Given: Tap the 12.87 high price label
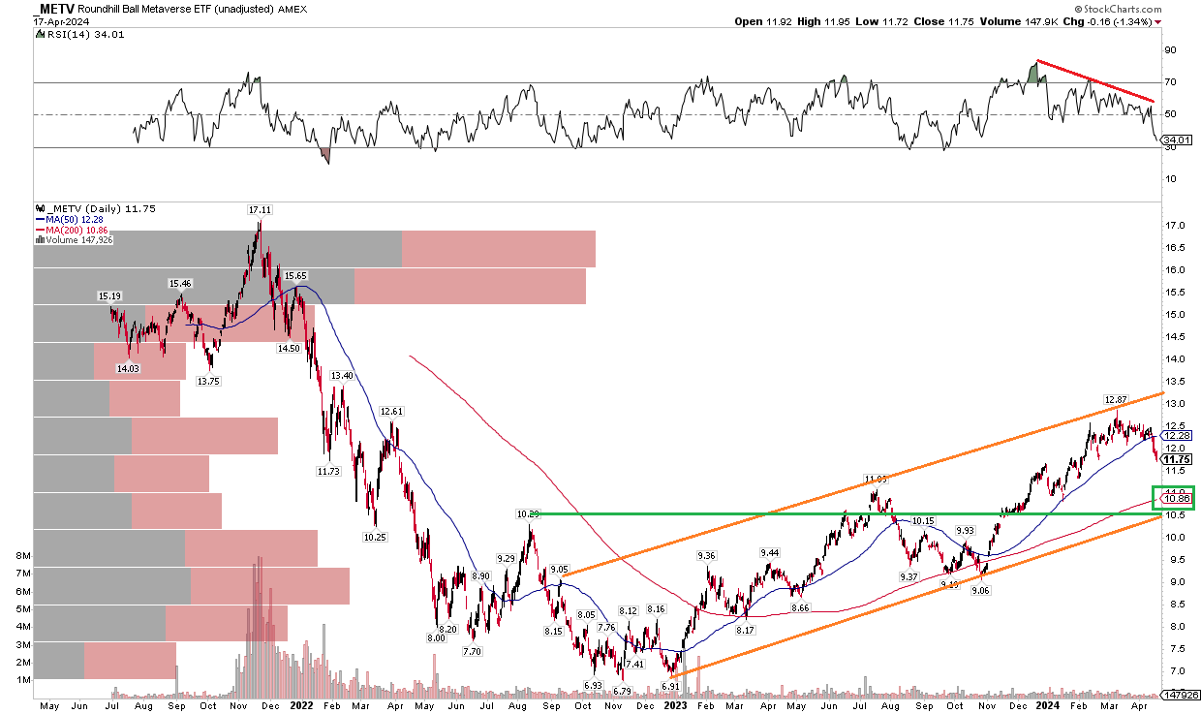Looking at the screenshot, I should click(x=1116, y=400).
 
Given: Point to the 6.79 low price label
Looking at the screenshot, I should click(x=623, y=691).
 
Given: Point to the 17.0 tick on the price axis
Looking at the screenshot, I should click(x=1176, y=226).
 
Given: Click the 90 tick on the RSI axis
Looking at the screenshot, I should click(x=1169, y=50).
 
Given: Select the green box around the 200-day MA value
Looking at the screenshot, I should click(x=1174, y=497).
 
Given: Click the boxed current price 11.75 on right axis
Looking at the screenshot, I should click(x=1175, y=459).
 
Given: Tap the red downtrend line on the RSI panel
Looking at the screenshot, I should click(x=1094, y=80).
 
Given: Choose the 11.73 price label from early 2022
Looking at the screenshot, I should click(x=328, y=471).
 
